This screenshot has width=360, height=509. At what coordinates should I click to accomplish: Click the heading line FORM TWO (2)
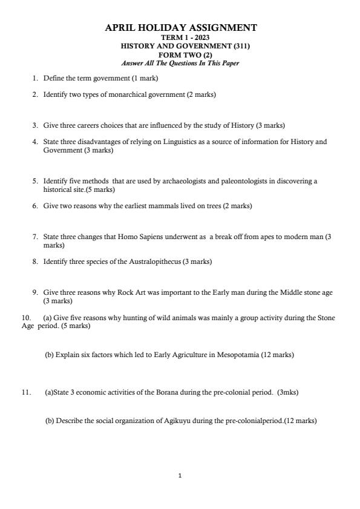(180, 54)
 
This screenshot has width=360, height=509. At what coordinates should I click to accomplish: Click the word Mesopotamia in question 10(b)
(237, 355)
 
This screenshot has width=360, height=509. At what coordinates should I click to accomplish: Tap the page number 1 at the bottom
(180, 476)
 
